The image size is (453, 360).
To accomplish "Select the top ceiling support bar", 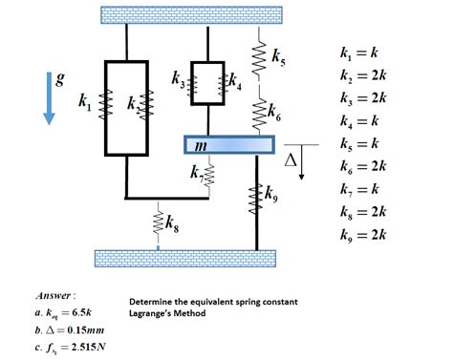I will (x=192, y=15).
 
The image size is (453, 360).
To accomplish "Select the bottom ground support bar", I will (x=187, y=258).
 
